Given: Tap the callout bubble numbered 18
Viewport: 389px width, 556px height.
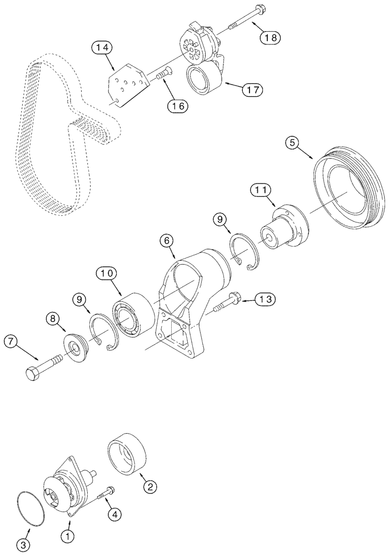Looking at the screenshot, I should point(270,37).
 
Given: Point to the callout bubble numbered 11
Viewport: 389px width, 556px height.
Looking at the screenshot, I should point(261,190).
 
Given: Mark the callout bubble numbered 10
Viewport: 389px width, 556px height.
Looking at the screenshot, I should point(107,273).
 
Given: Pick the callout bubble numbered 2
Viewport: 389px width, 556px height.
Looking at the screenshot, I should point(149,487).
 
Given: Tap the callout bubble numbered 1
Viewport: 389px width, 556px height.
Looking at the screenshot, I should point(67,537).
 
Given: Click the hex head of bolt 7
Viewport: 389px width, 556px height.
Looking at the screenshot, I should point(33,374).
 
